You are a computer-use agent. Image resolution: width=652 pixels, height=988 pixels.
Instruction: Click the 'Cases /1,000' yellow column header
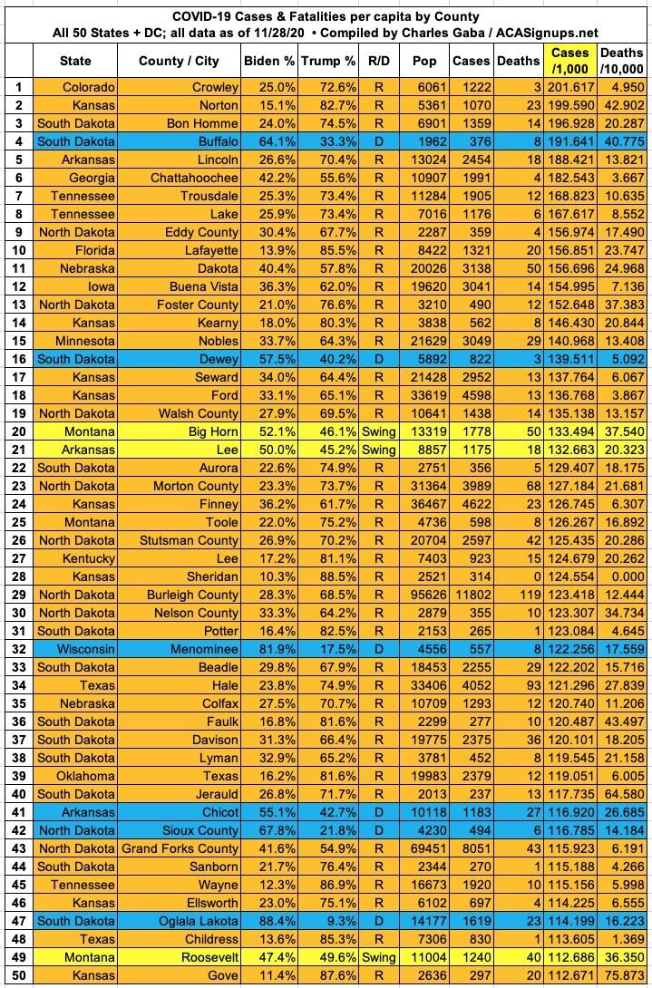tap(569, 61)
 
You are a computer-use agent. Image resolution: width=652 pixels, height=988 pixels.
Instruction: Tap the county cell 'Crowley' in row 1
tap(215, 88)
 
